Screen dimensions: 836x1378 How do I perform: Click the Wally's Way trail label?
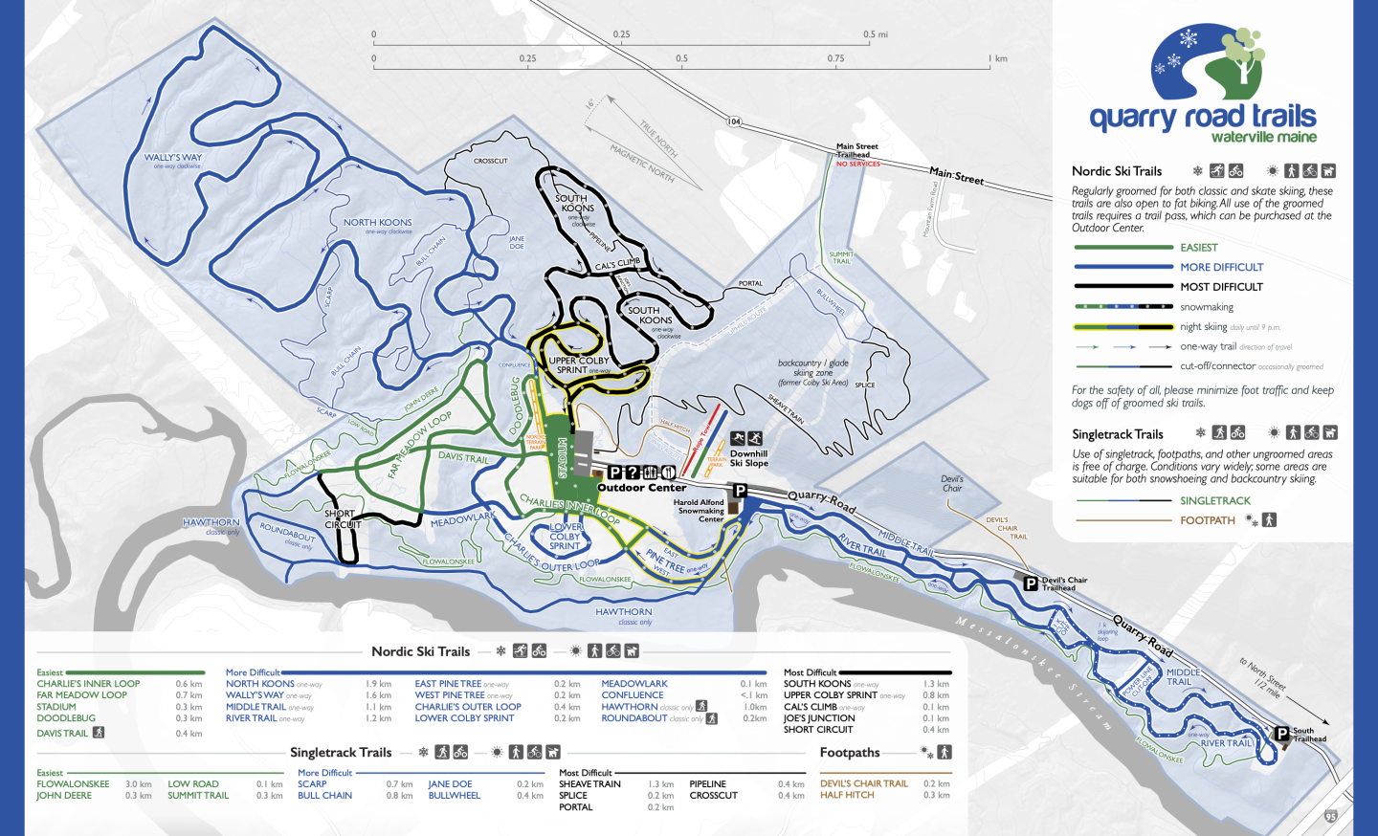pos(173,158)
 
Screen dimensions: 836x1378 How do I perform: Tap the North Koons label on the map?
pos(378,223)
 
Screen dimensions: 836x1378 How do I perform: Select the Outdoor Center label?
pos(641,488)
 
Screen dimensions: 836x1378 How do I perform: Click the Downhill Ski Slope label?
pos(748,458)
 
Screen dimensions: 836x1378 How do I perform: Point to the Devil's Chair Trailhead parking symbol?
pos(1031,583)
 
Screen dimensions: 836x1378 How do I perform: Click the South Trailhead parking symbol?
pos(1281,734)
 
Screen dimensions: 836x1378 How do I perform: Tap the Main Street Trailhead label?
pos(856,151)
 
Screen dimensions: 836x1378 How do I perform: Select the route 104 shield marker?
pos(734,121)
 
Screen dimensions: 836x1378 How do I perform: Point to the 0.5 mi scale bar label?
pos(875,34)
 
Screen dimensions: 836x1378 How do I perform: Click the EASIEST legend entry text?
pos(1198,248)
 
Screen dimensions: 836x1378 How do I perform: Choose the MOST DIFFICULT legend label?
pos(1221,287)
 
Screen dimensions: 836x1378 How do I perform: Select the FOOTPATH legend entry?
pos(1207,520)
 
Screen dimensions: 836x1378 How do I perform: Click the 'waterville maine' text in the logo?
pos(1263,138)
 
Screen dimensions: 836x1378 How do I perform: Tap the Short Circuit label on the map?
pos(342,518)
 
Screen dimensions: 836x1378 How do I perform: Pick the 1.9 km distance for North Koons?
pos(378,684)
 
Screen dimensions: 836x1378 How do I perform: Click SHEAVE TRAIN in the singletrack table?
pos(589,784)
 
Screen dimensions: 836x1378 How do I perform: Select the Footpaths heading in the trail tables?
pos(849,753)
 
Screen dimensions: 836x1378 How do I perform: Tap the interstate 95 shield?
pos(1331,816)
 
